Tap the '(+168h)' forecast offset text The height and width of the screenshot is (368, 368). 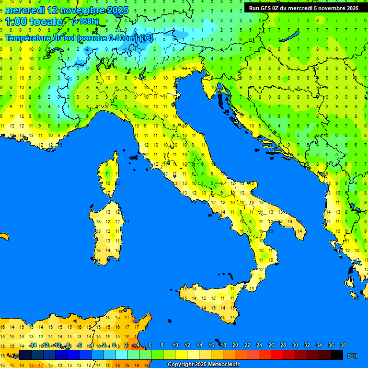[x=85, y=22]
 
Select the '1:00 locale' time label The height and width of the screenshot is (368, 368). [x=34, y=22]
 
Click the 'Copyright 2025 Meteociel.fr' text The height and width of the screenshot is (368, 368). [x=203, y=365]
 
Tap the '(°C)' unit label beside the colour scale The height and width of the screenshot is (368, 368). [x=352, y=356]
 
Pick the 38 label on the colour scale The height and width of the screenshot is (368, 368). [x=343, y=345]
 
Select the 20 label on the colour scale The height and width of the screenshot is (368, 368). [x=235, y=345]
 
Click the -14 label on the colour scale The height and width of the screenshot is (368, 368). [x=33, y=345]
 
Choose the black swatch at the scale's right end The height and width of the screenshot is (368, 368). [x=337, y=355]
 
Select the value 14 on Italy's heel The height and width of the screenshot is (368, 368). [x=299, y=231]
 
